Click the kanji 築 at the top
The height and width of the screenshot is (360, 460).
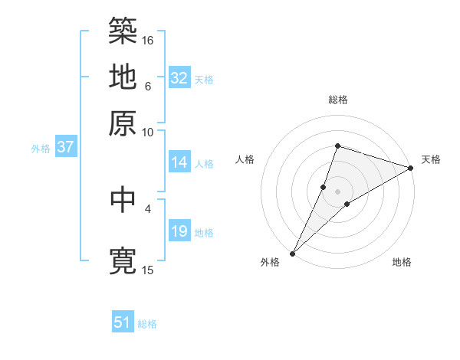tap(123, 31)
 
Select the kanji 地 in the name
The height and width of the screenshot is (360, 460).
tap(123, 77)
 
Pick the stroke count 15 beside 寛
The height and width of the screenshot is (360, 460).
tap(148, 270)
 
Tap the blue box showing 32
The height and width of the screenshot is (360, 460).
tap(179, 78)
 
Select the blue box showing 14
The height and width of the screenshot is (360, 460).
tap(179, 162)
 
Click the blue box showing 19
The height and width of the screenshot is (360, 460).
tap(179, 231)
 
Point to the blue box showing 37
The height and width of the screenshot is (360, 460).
tap(65, 147)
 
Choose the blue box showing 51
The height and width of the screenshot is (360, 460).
tap(123, 322)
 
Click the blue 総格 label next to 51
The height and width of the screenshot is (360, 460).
tap(147, 324)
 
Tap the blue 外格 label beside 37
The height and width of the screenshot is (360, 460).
tap(40, 149)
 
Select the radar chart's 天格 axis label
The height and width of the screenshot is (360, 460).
tap(431, 159)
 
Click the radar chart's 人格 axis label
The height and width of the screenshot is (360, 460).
tap(245, 159)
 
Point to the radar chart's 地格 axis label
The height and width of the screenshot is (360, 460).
tap(402, 263)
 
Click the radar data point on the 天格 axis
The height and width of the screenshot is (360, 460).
tap(410, 168)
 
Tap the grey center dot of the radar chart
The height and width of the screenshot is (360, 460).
tap(337, 191)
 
